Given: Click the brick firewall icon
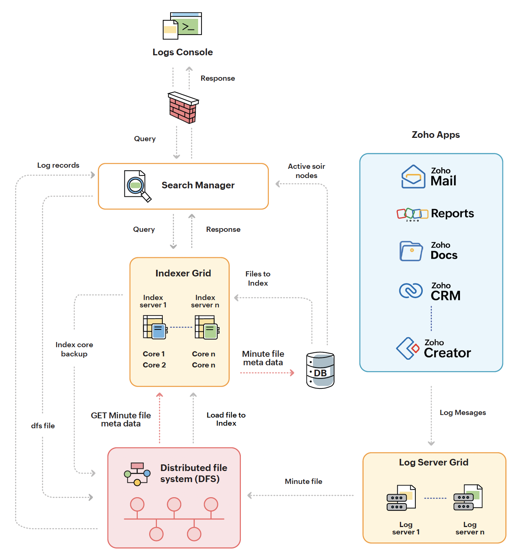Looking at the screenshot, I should [x=183, y=108].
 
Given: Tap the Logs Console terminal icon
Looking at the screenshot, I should [x=183, y=25].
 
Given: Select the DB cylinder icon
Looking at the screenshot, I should [x=320, y=370].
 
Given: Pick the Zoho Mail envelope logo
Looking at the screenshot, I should [x=413, y=177].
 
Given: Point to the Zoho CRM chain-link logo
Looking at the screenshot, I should [x=411, y=290].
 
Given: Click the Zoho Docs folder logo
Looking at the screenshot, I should [x=411, y=251].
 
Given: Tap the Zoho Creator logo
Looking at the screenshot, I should [x=408, y=348].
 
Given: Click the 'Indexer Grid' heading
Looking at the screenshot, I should [x=183, y=273].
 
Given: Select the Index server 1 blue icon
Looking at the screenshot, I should [x=155, y=327].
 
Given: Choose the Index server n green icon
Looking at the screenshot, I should [x=207, y=327].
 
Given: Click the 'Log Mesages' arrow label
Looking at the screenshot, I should [x=463, y=412].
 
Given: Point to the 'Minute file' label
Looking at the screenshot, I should [x=303, y=481].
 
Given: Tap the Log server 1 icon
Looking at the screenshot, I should [x=401, y=498].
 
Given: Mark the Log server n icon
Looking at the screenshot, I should [x=468, y=498].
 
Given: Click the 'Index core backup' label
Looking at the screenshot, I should [x=74, y=349].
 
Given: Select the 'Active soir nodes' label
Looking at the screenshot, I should [x=306, y=171].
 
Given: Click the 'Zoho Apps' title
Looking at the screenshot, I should [x=436, y=135].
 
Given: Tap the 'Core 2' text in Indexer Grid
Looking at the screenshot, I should [x=154, y=365].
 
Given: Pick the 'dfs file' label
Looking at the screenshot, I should [x=43, y=426].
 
